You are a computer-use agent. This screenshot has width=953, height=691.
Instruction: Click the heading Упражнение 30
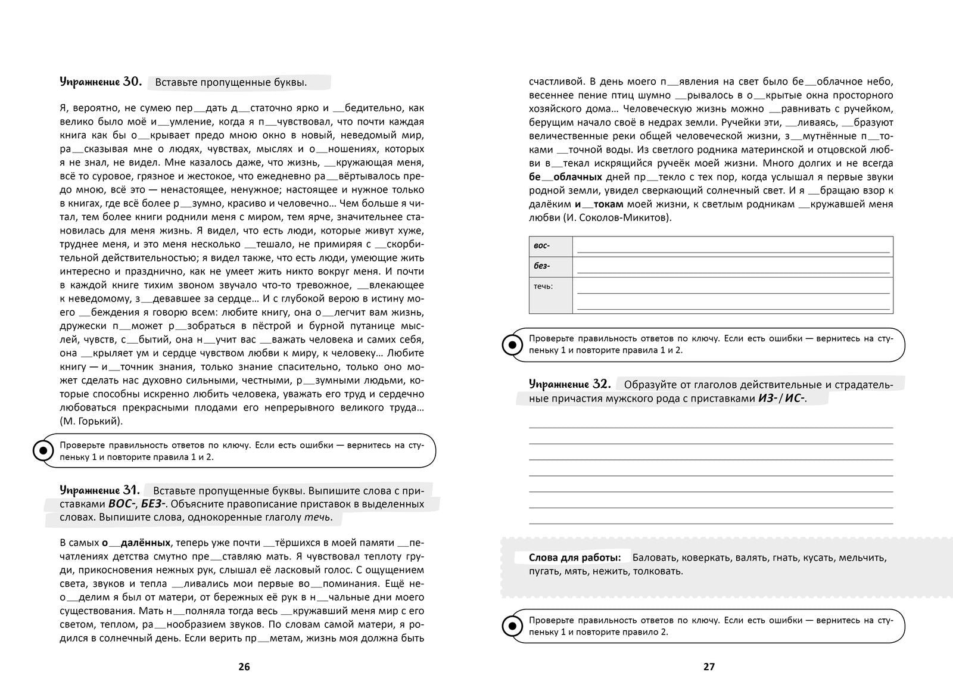point(100,82)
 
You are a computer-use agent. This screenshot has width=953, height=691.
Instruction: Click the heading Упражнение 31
point(99,490)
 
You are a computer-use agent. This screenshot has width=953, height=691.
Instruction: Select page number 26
point(244,667)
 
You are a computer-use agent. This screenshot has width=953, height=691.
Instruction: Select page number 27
point(709,667)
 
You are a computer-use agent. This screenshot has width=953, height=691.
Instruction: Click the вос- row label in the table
point(542,246)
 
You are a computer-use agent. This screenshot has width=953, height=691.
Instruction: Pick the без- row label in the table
point(542,266)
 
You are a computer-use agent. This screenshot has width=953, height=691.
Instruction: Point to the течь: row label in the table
point(543,287)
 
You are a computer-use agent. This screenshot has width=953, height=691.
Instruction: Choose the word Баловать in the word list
point(652,558)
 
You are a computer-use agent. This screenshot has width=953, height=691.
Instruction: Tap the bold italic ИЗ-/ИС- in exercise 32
point(780,399)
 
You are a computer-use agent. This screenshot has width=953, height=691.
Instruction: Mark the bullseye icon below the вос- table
point(511,344)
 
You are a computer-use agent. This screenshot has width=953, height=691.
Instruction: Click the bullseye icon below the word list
point(511,626)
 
